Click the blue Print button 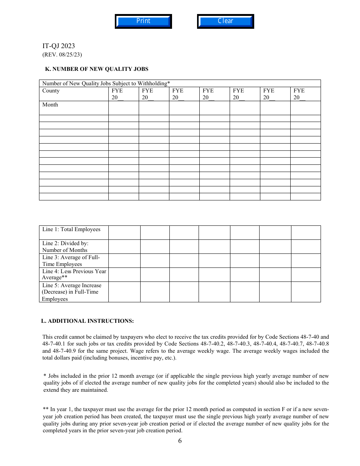pyautogui.click(x=143, y=21)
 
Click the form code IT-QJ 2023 pyautogui.click(x=58, y=46)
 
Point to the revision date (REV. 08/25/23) pyautogui.click(x=62, y=55)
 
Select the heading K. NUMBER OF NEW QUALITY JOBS pyautogui.click(x=97, y=69)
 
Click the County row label pyautogui.click(x=51, y=91)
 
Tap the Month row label pyautogui.click(x=50, y=105)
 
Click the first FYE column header pyautogui.click(x=117, y=94)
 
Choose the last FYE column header pyautogui.click(x=299, y=94)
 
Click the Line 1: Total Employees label pyautogui.click(x=71, y=230)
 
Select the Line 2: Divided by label pyautogui.click(x=65, y=247)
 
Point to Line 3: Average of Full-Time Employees pyautogui.click(x=71, y=261)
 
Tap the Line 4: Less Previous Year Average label pyautogui.click(x=74, y=274)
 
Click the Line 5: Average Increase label pyautogui.click(x=72, y=292)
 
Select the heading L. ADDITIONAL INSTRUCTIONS pyautogui.click(x=88, y=321)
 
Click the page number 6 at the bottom pyautogui.click(x=180, y=441)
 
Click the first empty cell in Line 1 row pyautogui.click(x=124, y=233)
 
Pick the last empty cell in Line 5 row pyautogui.click(x=306, y=292)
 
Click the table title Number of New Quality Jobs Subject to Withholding pyautogui.click(x=106, y=83)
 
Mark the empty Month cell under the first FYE pyautogui.click(x=124, y=108)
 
